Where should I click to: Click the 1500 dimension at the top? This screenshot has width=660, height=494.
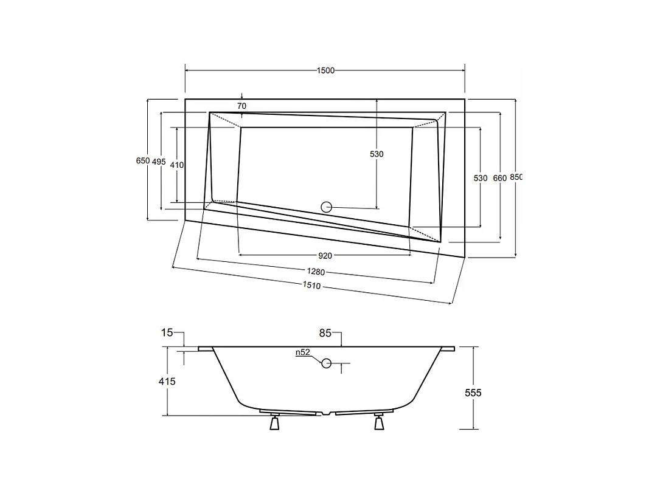point(325,70)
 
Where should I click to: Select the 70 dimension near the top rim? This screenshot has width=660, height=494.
point(241,106)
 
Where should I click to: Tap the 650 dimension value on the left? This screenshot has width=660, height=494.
point(142,161)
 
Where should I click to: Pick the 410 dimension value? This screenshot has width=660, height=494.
point(177,165)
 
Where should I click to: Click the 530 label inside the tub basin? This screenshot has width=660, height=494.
point(377,154)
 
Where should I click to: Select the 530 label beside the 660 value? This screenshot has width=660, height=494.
point(481,178)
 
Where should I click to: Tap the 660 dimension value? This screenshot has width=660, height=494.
point(499,178)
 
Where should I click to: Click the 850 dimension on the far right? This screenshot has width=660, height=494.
point(516,177)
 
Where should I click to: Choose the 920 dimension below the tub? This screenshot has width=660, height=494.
point(325,255)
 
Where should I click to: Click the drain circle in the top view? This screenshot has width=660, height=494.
point(327,207)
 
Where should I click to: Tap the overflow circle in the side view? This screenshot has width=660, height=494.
point(327,363)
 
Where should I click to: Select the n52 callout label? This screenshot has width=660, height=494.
point(303,352)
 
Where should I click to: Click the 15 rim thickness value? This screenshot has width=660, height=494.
point(167,332)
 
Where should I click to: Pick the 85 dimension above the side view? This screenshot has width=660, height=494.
point(325,333)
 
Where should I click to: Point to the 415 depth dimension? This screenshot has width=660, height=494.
point(167,382)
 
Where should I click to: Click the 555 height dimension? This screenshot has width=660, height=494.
point(473,393)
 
